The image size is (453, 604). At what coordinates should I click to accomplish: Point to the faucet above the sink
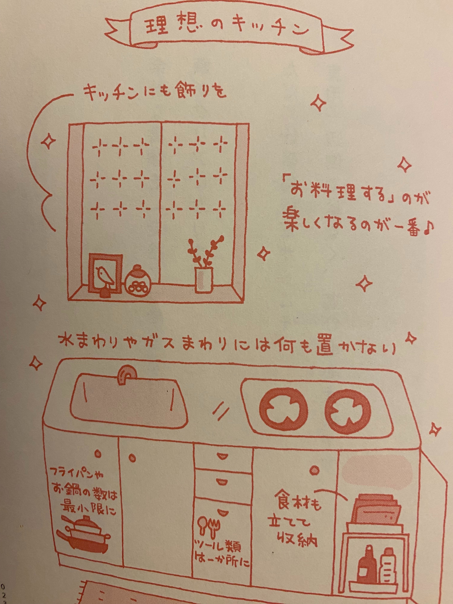[x=127, y=372]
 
